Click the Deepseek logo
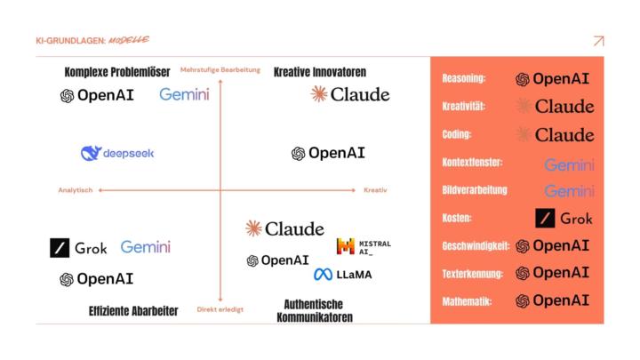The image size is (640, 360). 116,153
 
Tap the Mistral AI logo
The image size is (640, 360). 364,246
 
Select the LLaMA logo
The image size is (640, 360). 342,275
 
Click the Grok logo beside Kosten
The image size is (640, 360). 564,218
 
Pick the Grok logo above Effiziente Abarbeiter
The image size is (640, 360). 78,248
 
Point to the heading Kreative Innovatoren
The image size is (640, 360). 320,72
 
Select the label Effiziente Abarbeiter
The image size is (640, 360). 133,310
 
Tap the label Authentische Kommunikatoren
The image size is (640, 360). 315,309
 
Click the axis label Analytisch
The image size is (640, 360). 76,190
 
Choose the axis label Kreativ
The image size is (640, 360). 375,190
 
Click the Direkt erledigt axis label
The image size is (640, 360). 220,309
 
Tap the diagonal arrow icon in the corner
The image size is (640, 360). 598,41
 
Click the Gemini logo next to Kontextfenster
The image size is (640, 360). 569,164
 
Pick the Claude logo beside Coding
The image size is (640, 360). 555,135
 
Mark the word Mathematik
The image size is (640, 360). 467,301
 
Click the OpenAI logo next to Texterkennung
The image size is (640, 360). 552,273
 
